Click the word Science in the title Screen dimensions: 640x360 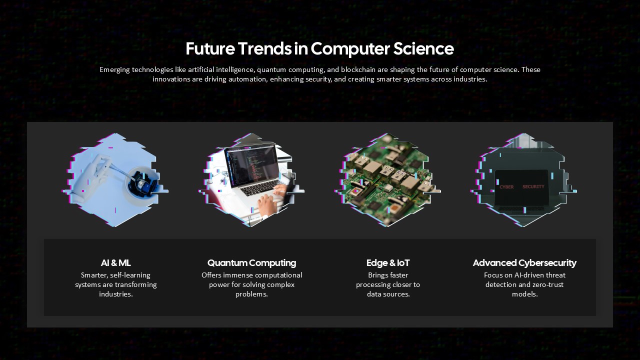[423, 48]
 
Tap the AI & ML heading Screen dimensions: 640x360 [115, 263]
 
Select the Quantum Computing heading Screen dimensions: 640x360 [251, 263]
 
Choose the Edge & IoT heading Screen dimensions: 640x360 [388, 263]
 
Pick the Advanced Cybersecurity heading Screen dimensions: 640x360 [524, 263]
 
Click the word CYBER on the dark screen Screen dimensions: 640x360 [506, 187]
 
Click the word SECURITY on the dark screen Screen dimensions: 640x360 [533, 186]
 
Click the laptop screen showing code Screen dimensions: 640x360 [251, 165]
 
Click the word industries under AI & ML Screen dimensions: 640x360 [116, 294]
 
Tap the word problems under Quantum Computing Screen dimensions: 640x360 [251, 294]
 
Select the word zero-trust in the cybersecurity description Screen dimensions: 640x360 [548, 284]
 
